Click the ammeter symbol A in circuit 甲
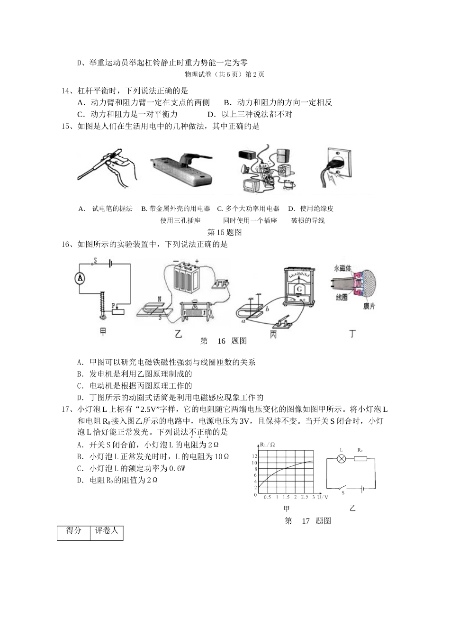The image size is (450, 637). pos(80,278)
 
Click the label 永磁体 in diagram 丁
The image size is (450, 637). pos(343,268)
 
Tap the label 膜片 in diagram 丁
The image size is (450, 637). pos(369,306)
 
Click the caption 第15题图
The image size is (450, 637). pos(225,232)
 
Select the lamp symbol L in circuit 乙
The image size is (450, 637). pos(341,459)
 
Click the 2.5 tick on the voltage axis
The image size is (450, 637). pos(304,497)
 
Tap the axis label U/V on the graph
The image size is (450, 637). pos(323,497)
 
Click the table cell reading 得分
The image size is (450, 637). pos(73,531)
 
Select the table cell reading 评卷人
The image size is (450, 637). pos(106,531)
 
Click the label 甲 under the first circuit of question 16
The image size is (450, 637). pos(103,332)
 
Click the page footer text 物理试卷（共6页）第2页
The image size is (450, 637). pos(225,74)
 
